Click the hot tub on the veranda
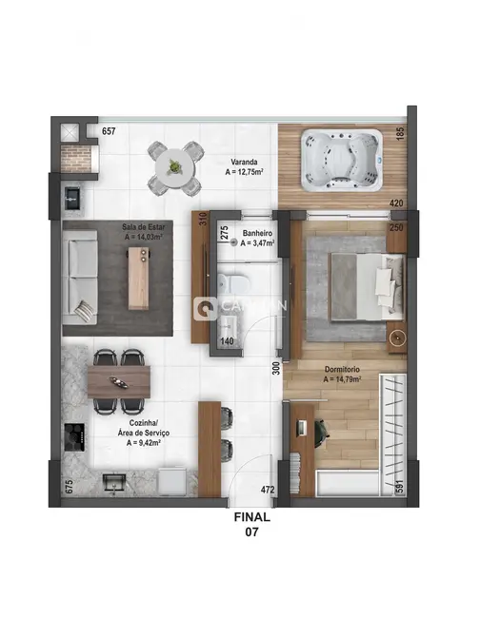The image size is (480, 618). tap(341, 153)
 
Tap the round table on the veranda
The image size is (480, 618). tap(175, 166)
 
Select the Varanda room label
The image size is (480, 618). tap(244, 166)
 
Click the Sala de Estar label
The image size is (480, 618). tap(140, 233)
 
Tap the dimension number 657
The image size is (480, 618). tap(109, 131)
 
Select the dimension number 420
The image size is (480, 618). tap(397, 203)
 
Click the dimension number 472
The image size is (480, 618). tap(269, 491)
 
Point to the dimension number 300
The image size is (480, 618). tap(275, 367)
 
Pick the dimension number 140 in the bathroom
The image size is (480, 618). tap(228, 340)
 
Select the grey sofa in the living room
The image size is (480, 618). tap(82, 277)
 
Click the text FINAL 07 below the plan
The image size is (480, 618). tap(252, 525)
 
